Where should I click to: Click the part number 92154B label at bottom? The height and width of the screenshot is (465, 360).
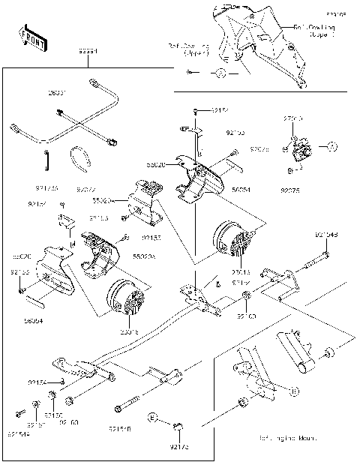pyautogui.click(x=120, y=429)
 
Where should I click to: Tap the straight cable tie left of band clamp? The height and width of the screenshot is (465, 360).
pyautogui.click(x=47, y=159)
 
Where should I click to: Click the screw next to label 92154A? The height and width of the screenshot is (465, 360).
pyautogui.click(x=16, y=413)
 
